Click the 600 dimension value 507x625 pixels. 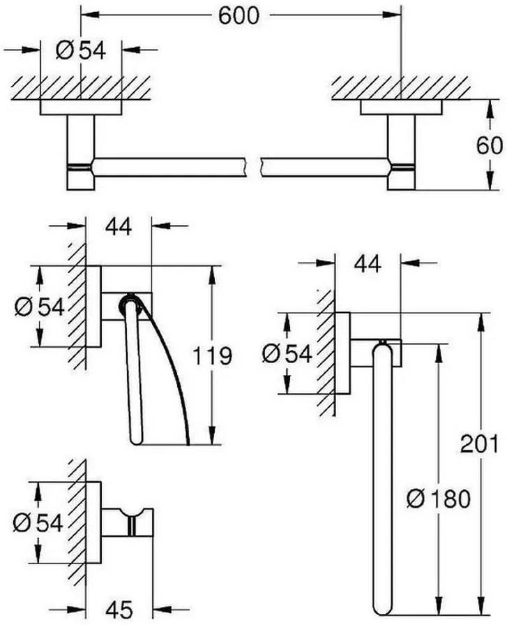[x=239, y=16]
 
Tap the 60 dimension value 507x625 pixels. [x=489, y=145]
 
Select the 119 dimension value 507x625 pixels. [x=212, y=355]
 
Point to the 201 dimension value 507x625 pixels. [x=479, y=443]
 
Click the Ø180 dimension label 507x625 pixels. [x=438, y=499]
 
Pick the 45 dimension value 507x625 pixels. [x=119, y=610]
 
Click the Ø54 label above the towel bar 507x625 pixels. [x=81, y=50]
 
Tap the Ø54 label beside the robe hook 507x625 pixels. [x=38, y=523]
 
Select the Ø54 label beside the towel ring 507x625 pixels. [x=287, y=353]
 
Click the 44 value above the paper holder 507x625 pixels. [x=118, y=227]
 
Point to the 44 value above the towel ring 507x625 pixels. [x=368, y=263]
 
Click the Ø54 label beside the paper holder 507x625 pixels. [x=39, y=307]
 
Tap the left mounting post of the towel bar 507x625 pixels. [x=81, y=152]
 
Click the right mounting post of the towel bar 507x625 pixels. [x=401, y=152]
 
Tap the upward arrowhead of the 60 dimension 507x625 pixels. [x=490, y=108]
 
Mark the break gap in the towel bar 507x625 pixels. [x=254, y=167]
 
